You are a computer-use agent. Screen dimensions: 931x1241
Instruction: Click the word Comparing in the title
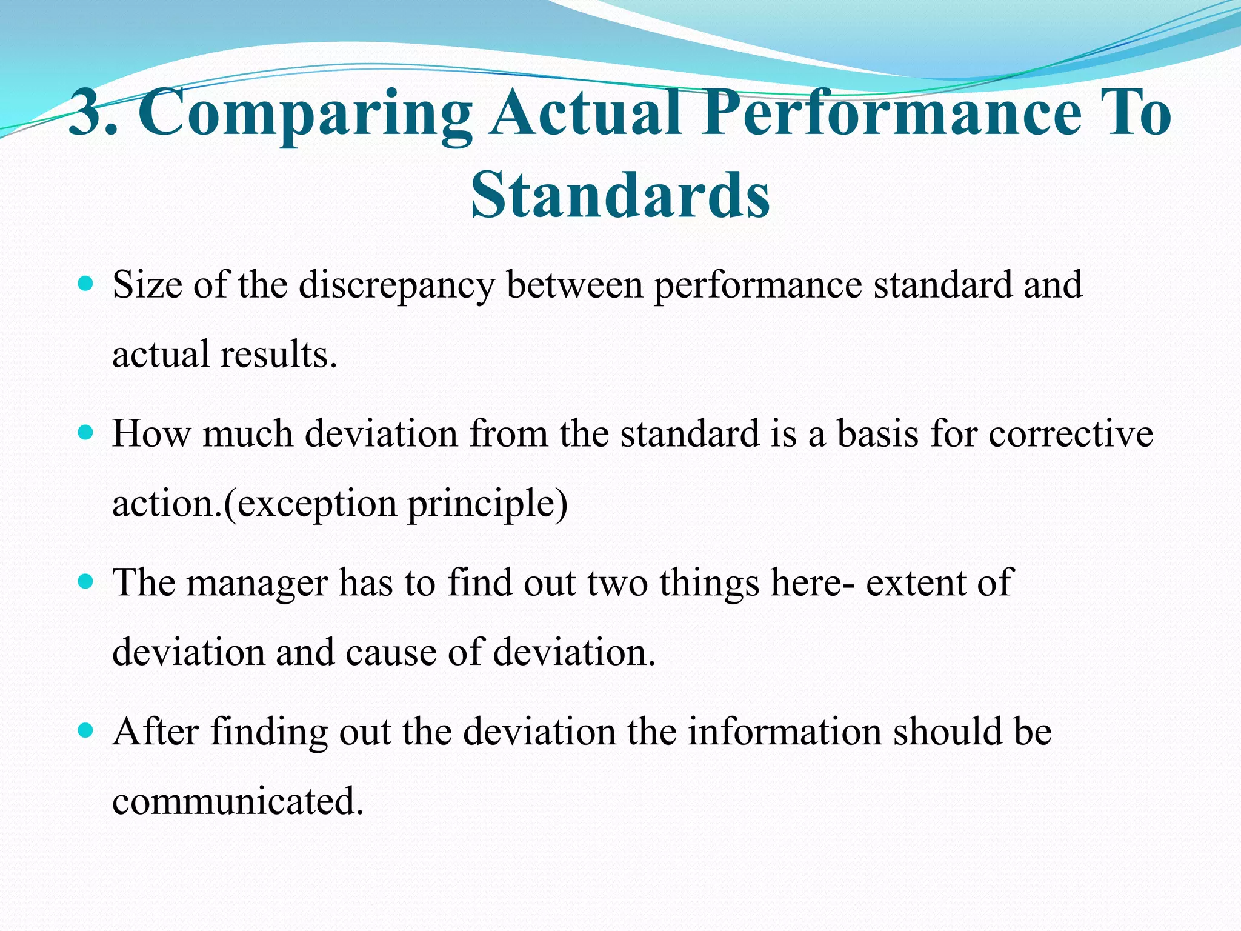pyautogui.click(x=306, y=115)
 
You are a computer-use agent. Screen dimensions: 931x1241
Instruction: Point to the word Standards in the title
pyautogui.click(x=620, y=195)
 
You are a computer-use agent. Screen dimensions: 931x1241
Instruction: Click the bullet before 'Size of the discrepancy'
pyautogui.click(x=86, y=284)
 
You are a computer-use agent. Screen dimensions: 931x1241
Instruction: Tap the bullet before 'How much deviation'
pyautogui.click(x=86, y=433)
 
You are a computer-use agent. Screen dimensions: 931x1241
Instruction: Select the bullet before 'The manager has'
pyautogui.click(x=86, y=582)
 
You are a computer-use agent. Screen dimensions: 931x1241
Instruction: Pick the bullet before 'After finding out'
pyautogui.click(x=86, y=731)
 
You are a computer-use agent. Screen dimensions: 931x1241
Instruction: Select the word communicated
pyautogui.click(x=238, y=801)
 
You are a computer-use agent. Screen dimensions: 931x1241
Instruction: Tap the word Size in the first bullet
pyautogui.click(x=147, y=285)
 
